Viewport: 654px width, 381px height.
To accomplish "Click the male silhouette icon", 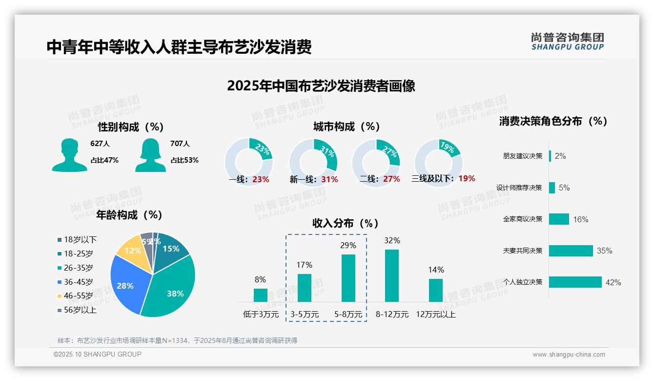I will [69, 155].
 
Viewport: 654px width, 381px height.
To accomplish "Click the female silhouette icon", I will [150, 155].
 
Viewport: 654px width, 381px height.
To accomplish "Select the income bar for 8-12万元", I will [392, 275].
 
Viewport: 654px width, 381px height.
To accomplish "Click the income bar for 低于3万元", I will [261, 295].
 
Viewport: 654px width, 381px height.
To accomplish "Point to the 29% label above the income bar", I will [348, 245].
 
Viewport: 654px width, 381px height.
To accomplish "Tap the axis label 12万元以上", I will [436, 315].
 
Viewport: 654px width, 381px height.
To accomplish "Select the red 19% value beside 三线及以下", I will [467, 178].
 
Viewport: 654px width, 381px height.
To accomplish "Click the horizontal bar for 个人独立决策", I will [575, 282].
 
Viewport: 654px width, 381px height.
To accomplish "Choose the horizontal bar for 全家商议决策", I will [559, 219].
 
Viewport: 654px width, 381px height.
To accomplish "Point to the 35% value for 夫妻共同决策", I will [604, 251].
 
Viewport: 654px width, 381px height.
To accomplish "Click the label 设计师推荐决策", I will [519, 188].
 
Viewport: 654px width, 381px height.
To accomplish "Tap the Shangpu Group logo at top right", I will [567, 41].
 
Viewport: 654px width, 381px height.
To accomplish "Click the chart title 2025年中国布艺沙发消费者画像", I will [321, 86].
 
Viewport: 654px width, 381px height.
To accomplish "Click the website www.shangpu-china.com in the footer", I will [569, 355].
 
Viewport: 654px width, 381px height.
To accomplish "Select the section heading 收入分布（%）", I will [346, 223].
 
